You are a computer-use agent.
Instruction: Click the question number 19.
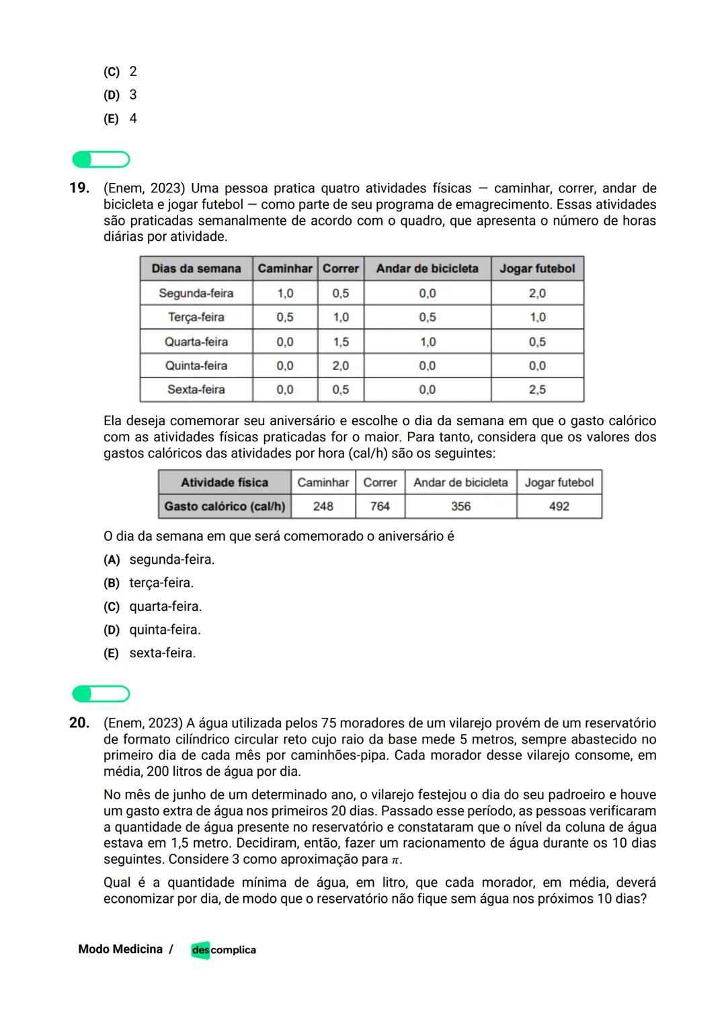(x=79, y=188)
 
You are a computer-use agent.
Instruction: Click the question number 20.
(x=79, y=723)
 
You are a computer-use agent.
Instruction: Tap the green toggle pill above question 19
(x=101, y=159)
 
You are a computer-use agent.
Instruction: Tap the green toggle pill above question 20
(x=101, y=694)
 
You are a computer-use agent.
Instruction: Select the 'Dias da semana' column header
(x=196, y=268)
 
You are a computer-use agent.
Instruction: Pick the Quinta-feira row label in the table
(x=196, y=365)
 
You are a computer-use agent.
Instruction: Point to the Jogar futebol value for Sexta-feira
(x=537, y=390)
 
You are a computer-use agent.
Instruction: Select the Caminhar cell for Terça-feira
(x=285, y=317)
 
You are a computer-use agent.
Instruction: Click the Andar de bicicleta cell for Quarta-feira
(x=428, y=342)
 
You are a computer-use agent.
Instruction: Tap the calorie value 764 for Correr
(x=380, y=506)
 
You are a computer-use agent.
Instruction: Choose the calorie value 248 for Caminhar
(x=323, y=506)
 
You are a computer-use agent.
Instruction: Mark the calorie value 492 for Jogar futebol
(x=559, y=506)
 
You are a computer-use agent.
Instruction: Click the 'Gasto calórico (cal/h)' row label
(x=225, y=506)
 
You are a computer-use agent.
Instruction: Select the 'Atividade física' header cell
(x=225, y=482)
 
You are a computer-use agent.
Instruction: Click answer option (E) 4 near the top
(x=121, y=118)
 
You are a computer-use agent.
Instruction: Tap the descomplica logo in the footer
(x=223, y=950)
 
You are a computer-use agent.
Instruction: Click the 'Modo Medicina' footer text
(x=120, y=949)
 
